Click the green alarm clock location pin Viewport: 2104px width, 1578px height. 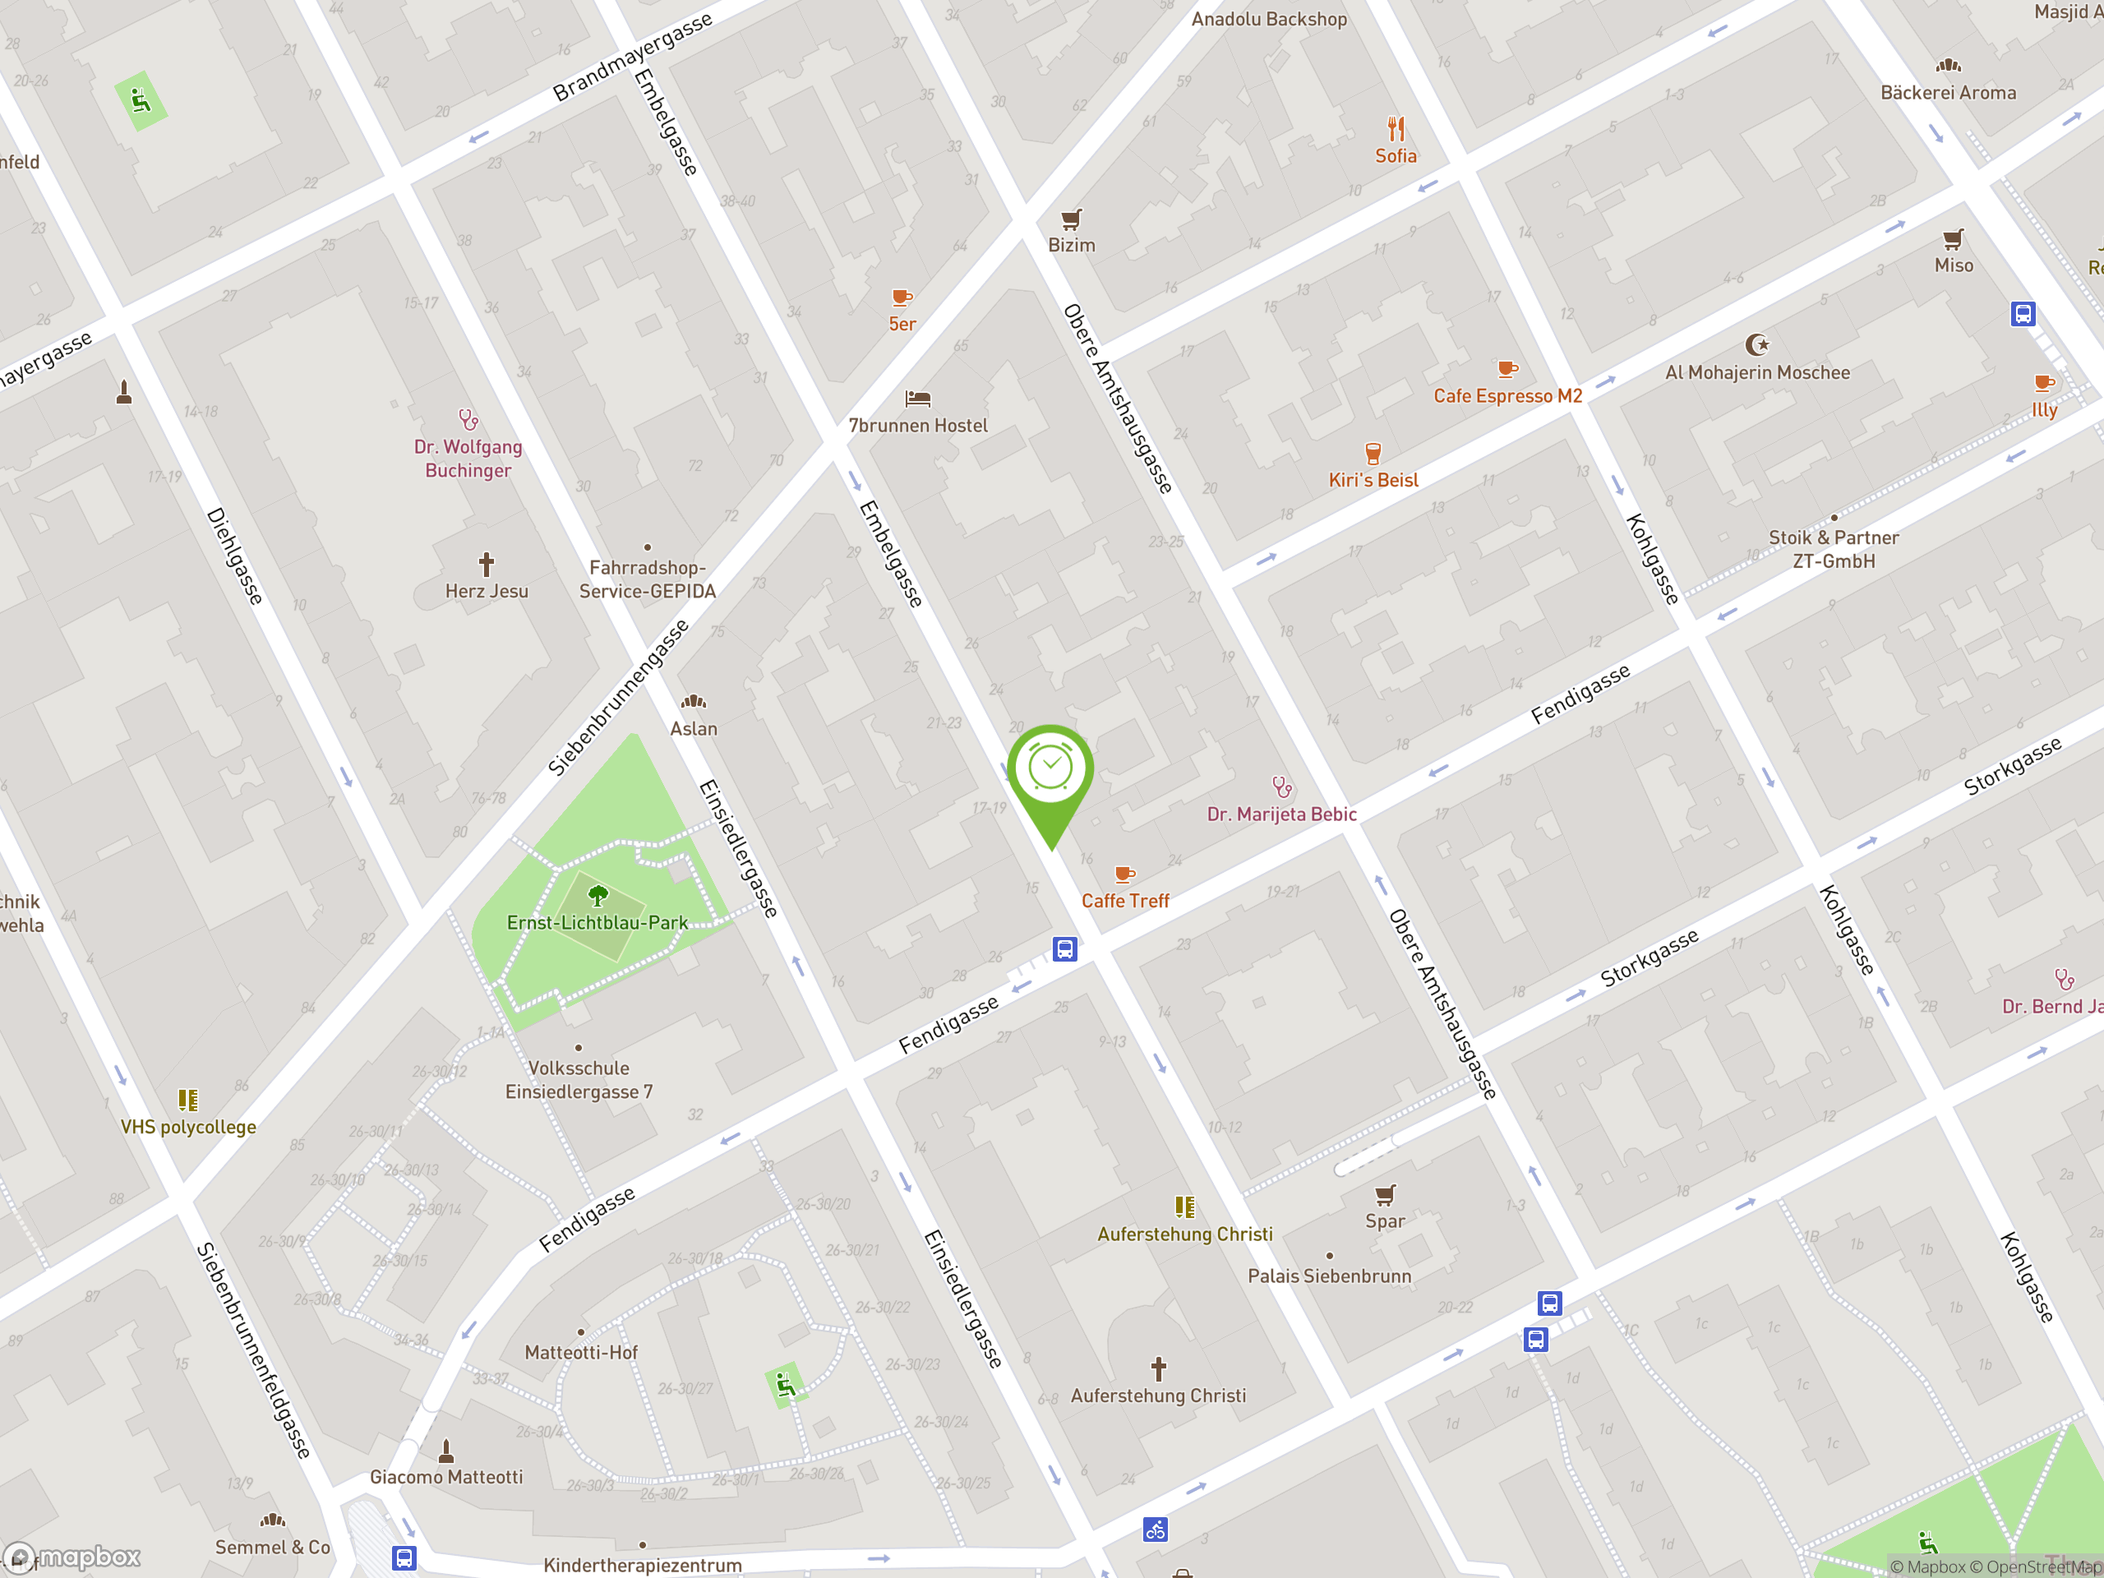[x=1050, y=770]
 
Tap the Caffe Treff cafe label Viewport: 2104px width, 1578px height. [x=1125, y=901]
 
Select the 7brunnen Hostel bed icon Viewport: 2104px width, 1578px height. [x=917, y=399]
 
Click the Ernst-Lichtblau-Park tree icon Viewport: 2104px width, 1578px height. [x=598, y=895]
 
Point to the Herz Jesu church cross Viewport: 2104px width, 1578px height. [x=486, y=564]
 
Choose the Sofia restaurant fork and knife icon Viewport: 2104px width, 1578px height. [x=1396, y=128]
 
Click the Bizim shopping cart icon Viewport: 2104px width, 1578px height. [x=1071, y=219]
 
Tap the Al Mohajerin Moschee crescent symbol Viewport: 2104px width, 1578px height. [x=1757, y=344]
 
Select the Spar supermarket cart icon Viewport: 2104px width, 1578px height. [x=1385, y=1195]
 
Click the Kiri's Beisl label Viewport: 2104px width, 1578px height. [x=1373, y=480]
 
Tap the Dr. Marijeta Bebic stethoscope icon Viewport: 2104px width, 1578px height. [x=1282, y=787]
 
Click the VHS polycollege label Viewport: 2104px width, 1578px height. [x=188, y=1127]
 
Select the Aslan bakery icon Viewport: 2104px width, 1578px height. [x=694, y=702]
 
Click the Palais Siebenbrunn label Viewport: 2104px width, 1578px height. [x=1329, y=1276]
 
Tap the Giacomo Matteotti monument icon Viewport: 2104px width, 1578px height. [x=446, y=1451]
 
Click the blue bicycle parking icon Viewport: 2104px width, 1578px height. [x=1155, y=1530]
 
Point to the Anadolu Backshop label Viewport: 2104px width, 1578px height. [x=1269, y=19]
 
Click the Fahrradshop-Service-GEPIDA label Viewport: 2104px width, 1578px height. [x=647, y=579]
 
